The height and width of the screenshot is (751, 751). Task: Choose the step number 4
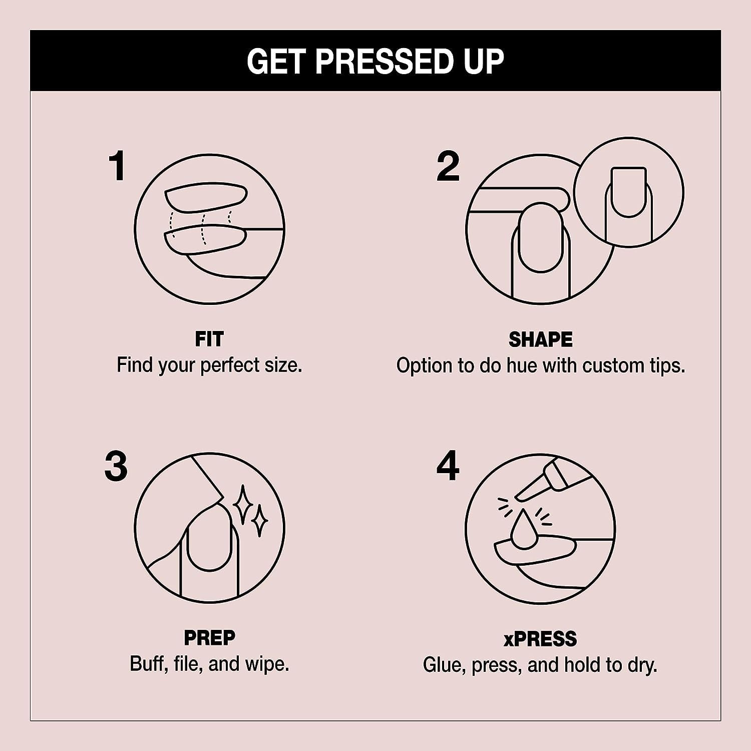point(448,466)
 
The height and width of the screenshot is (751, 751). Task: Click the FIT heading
point(209,339)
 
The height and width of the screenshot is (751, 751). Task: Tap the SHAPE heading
point(540,339)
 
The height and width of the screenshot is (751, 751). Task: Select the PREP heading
point(209,638)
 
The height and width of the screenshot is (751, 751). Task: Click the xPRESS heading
point(540,639)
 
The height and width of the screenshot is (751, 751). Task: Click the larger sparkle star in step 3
point(244,505)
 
